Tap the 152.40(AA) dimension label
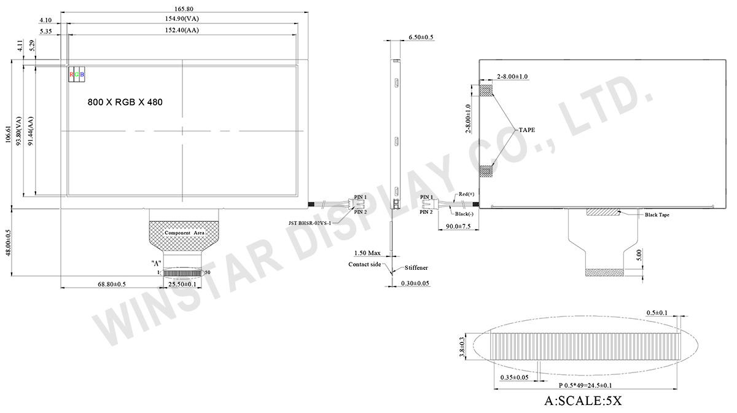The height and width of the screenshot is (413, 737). pos(184,30)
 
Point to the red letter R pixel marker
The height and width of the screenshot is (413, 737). pos(72,74)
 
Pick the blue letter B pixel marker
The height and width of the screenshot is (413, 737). pos(83,74)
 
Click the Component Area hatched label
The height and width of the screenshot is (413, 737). pos(184,234)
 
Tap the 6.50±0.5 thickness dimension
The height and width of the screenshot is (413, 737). pos(421,37)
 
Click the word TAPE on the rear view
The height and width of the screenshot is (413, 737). pos(527,130)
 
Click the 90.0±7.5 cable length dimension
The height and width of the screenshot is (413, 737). pos(458,227)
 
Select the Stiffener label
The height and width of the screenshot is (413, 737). pos(416,268)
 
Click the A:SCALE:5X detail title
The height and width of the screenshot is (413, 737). pos(583,401)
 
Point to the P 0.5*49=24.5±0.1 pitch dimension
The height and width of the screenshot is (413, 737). pos(585,385)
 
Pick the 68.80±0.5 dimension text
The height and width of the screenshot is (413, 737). pos(112,284)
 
